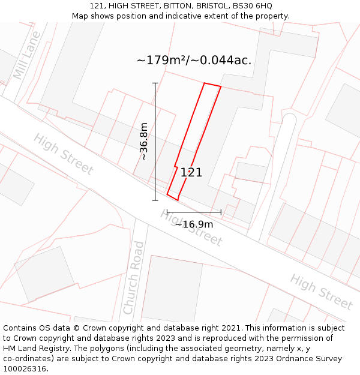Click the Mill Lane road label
[x=27, y=56]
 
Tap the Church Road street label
[x=133, y=278]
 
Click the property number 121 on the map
[x=191, y=173]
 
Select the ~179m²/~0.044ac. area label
[x=194, y=61]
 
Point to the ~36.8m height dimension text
[x=144, y=142]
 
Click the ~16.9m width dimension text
[x=194, y=224]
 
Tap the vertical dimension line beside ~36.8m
[x=155, y=142]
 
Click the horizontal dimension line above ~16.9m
[x=194, y=212]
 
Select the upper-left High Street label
[x=63, y=154]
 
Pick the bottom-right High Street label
[x=320, y=292]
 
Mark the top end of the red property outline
[x=212, y=85]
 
